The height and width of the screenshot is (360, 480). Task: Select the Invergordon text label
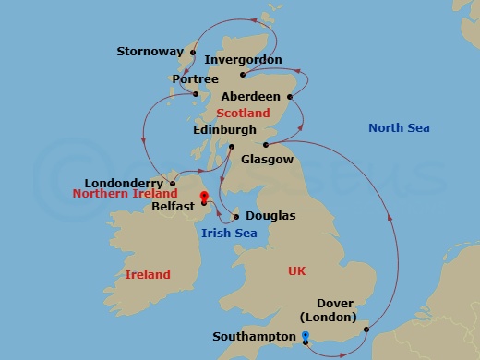click(243, 60)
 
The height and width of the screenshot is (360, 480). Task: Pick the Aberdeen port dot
click(290, 96)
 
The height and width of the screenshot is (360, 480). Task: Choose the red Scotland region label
click(243, 114)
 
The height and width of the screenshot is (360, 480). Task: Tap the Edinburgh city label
click(224, 131)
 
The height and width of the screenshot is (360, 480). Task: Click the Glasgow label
click(267, 160)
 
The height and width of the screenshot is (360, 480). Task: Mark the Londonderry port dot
click(173, 183)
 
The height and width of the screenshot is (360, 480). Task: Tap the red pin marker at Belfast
click(204, 197)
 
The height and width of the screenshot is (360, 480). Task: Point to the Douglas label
click(270, 216)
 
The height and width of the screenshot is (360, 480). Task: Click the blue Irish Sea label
click(229, 233)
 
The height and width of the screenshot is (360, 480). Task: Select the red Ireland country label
click(148, 274)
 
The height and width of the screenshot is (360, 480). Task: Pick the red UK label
click(296, 270)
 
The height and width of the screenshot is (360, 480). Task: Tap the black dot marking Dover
click(366, 329)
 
